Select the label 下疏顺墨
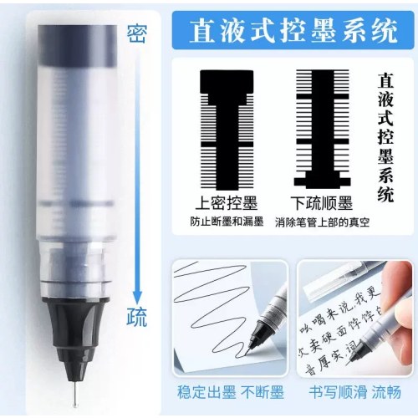point(324,201)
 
